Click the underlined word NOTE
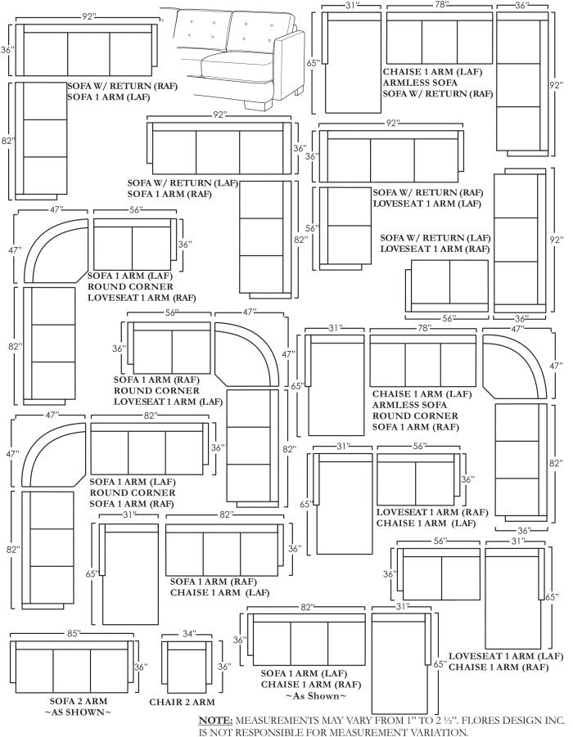pyautogui.click(x=215, y=721)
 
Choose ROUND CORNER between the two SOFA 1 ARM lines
pyautogui.click(x=132, y=493)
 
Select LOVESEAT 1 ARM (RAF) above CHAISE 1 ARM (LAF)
pyautogui.click(x=431, y=512)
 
